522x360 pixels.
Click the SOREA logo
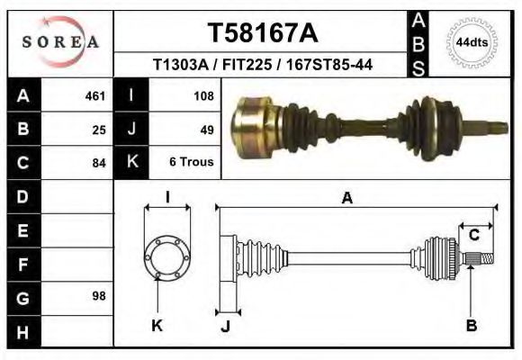pos(60,42)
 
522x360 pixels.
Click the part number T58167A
pos(263,33)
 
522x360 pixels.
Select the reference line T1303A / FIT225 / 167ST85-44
pos(263,65)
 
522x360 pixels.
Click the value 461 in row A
pos(94,95)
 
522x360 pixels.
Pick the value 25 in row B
pos(99,129)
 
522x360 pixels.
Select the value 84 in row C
pos(99,163)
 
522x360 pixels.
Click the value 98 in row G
pos(99,296)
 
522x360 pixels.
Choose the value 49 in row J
pos(206,129)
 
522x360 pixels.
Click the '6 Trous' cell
pos(191,163)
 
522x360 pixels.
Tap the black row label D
pos(22,196)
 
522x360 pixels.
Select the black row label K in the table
pos(132,163)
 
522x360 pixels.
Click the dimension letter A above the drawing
pos(346,200)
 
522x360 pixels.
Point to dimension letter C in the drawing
pos(473,236)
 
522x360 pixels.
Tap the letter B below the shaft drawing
pos(471,325)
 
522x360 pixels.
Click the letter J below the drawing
pos(227,325)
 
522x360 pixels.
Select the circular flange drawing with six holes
pos(167,257)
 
